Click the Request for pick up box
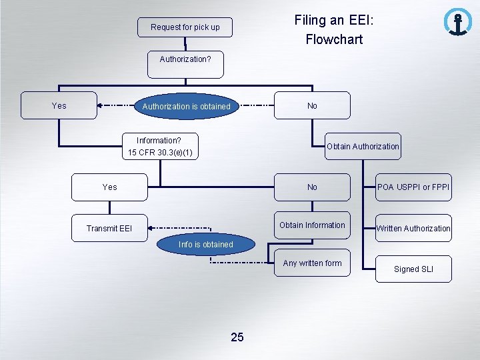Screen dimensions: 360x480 tap(185, 27)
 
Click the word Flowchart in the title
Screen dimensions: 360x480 tap(334, 39)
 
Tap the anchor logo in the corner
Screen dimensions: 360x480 tap(457, 22)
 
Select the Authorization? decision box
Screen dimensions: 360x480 tap(185, 59)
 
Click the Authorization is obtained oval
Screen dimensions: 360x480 tap(186, 107)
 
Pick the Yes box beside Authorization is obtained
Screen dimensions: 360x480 tap(59, 105)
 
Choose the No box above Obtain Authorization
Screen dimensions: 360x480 tap(312, 105)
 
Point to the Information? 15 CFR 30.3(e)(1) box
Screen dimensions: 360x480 tap(160, 147)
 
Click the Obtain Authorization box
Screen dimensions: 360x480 tap(362, 147)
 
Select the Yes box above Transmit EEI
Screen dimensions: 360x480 tap(110, 187)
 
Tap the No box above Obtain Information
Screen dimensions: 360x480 tap(312, 187)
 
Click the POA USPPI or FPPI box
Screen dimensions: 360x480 tap(413, 187)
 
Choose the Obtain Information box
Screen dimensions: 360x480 tap(312, 225)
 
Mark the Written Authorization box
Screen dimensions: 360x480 tap(413, 229)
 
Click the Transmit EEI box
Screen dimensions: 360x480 tap(109, 229)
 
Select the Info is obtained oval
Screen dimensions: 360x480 tap(206, 245)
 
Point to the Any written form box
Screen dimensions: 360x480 tap(312, 263)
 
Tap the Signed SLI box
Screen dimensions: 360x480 tap(413, 269)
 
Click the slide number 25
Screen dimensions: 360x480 tap(237, 337)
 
